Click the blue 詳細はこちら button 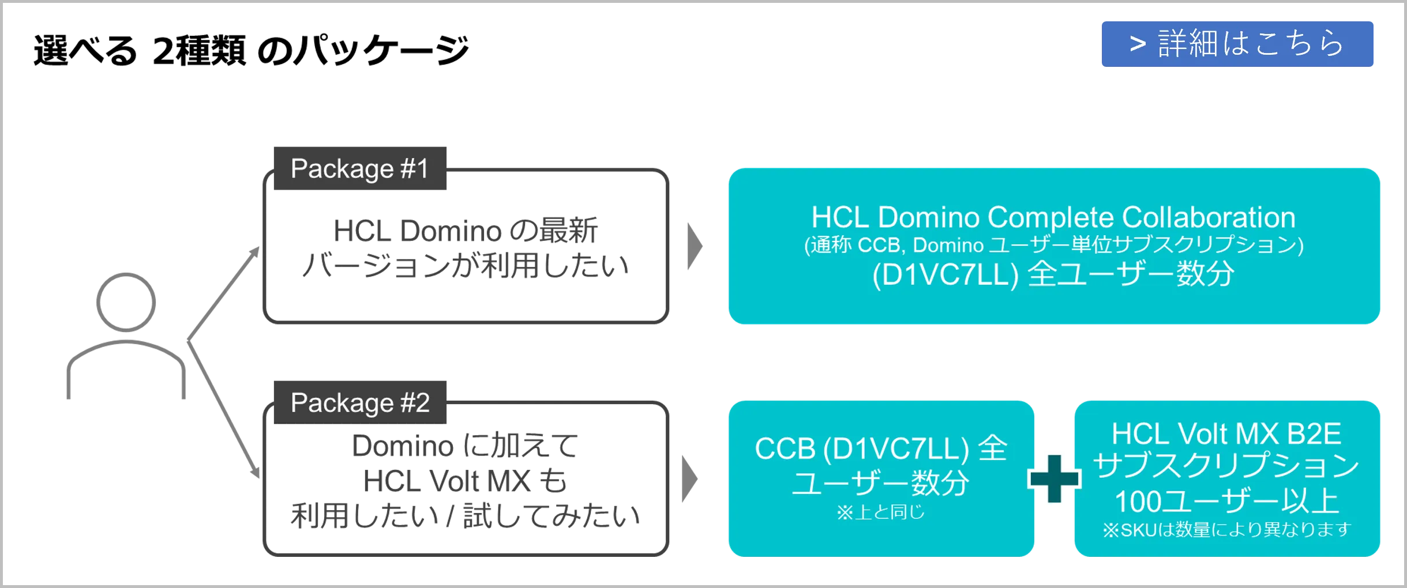[1236, 44]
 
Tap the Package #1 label [359, 168]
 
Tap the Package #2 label [359, 402]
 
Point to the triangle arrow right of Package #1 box [696, 246]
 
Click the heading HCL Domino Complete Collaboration [1053, 217]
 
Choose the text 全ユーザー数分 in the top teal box [1131, 274]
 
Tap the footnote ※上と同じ [880, 512]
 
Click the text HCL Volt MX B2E [1226, 434]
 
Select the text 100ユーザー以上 [1226, 501]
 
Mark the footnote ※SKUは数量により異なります [1226, 530]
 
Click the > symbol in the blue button [1137, 44]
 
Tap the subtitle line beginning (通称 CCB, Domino [1053, 246]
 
